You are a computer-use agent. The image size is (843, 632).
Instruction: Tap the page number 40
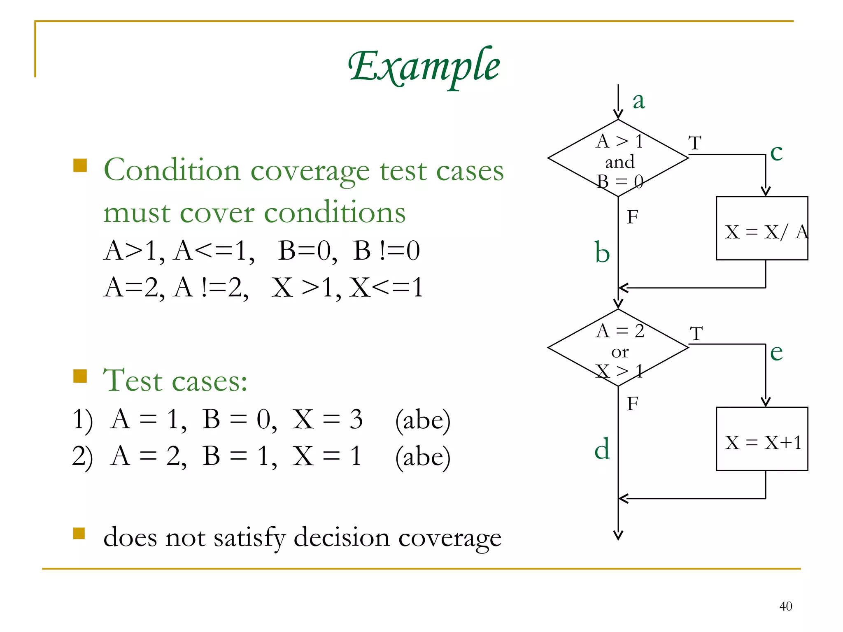click(785, 606)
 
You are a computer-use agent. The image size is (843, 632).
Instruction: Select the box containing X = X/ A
click(762, 228)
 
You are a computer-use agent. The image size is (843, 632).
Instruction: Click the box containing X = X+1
click(762, 439)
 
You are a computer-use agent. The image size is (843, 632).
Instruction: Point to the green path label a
click(638, 101)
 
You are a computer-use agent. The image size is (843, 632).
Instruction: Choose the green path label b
click(602, 252)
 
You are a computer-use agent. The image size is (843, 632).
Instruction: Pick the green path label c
click(776, 153)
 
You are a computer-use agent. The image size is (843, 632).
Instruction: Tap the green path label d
click(602, 449)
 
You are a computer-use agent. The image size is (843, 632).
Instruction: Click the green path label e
click(776, 352)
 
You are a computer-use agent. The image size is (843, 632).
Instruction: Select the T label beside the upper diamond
click(695, 143)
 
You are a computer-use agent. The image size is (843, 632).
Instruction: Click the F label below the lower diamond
click(632, 404)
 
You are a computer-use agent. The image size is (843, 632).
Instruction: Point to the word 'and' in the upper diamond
click(619, 162)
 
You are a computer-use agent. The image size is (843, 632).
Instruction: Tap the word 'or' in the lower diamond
click(620, 352)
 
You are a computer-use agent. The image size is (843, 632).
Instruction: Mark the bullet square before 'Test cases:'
click(80, 376)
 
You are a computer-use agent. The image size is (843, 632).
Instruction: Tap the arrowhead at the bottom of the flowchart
click(618, 535)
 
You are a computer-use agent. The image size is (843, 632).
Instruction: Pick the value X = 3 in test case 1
click(327, 420)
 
